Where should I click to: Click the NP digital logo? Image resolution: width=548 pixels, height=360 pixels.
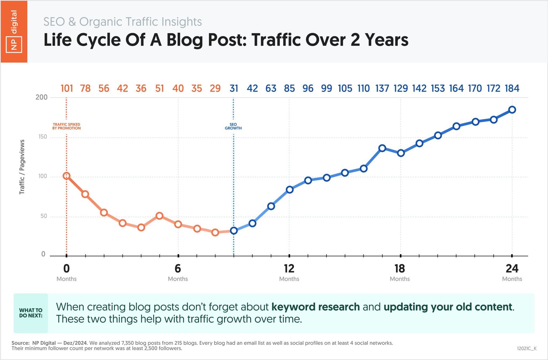point(14,32)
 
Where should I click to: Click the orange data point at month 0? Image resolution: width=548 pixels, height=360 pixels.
point(67,176)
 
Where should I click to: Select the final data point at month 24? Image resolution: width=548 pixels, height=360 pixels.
point(512,110)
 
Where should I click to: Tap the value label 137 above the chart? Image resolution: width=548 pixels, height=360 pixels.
point(382,88)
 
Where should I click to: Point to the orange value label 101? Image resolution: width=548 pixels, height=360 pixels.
point(67,88)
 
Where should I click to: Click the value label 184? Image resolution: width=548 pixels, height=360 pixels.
point(512,88)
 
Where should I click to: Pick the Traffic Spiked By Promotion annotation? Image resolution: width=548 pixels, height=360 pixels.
point(66,126)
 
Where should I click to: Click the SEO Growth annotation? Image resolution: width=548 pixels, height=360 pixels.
point(233,126)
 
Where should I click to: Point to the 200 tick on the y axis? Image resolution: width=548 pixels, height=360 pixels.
point(41,97)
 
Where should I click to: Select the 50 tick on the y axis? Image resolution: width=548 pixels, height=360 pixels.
point(44,216)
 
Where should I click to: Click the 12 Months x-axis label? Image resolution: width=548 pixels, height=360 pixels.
point(289,272)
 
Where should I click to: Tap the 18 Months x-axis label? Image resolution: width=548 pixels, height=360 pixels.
point(400,272)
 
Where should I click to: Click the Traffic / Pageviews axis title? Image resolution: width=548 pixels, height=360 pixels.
point(22,167)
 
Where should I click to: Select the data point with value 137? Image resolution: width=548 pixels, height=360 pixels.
point(382,148)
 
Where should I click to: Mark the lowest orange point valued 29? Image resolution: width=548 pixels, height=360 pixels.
point(215,232)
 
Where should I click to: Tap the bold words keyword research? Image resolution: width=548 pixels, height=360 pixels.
point(315,307)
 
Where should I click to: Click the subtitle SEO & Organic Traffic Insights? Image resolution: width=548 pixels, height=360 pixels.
point(123,22)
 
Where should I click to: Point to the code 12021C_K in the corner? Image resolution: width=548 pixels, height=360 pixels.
point(527,348)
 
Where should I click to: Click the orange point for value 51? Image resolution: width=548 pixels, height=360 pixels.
point(159,216)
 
